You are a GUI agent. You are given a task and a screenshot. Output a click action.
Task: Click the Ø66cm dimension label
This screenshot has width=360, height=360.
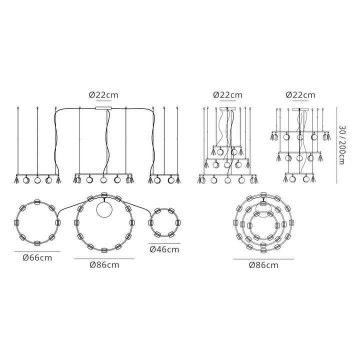coord(37,258)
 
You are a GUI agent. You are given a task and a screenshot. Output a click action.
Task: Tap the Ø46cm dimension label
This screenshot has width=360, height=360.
coord(164,249)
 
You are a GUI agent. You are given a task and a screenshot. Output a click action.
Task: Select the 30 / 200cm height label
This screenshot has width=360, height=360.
coord(342,145)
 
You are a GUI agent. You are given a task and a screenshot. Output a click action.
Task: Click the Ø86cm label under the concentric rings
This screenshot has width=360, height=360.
coord(263,265)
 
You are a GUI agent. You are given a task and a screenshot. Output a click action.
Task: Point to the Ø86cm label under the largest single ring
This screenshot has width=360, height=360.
coord(104,265)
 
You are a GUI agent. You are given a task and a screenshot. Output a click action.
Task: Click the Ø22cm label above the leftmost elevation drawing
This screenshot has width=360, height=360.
coord(103,95)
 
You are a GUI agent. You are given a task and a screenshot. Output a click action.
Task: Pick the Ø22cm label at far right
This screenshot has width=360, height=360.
coord(300,95)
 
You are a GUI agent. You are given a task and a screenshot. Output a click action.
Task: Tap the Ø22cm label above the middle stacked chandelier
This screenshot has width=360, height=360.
coord(228,95)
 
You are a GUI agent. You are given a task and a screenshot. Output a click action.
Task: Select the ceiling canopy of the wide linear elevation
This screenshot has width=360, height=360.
coord(103,108)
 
